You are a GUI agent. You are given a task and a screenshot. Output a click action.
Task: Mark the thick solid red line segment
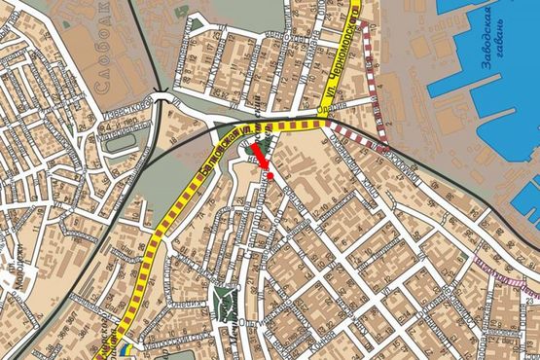click(260, 155)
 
